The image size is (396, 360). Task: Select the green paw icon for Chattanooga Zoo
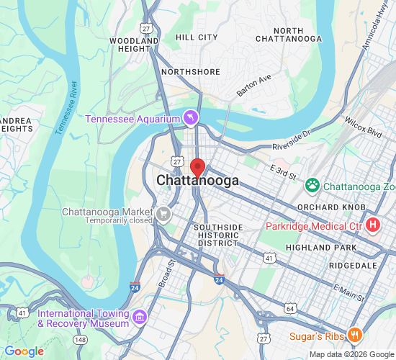pos(312,186)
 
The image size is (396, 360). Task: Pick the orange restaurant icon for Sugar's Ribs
pos(354,336)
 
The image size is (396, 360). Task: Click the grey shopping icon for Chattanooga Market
pos(164,213)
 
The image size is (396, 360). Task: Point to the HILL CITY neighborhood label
pos(197,37)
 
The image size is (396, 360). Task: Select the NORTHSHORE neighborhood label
pos(189,72)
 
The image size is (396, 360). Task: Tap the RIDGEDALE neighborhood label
pos(353,266)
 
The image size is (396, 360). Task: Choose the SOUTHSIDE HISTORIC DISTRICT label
pos(218,235)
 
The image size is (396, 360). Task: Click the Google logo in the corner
pos(24,351)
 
